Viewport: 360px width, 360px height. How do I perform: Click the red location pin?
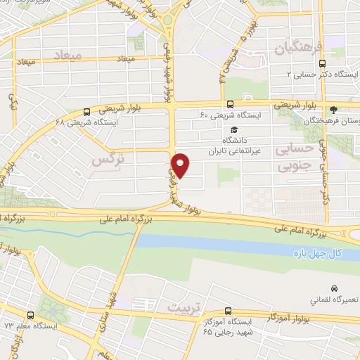182,165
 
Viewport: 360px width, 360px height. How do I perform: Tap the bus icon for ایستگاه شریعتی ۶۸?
86,111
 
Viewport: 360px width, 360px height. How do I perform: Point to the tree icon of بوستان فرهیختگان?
334,109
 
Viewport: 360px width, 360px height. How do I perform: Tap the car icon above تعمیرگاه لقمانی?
334,289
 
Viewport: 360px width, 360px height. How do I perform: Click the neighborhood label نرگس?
103,160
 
